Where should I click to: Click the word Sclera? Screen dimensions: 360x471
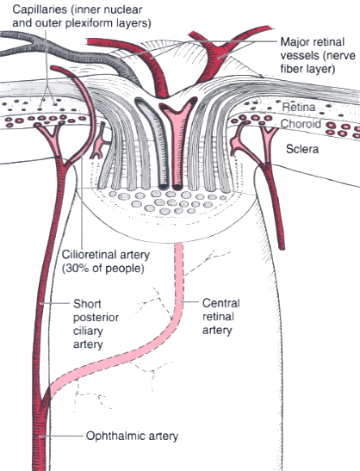(302, 149)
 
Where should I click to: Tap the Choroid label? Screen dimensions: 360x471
(301, 124)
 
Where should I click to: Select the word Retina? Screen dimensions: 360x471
(299, 107)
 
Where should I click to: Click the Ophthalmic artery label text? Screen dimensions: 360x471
(132, 436)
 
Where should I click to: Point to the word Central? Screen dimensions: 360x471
(220, 303)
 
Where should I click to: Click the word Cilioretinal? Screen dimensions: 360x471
(89, 255)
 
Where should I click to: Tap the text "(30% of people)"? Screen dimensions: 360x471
(103, 269)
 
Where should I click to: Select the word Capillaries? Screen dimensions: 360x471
(40, 9)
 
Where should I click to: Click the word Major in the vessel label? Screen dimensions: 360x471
(294, 42)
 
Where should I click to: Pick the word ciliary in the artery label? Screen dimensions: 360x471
(88, 331)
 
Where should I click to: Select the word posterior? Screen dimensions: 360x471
(96, 318)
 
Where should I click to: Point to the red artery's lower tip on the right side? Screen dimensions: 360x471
(282, 247)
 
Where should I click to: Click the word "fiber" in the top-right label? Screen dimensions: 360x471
(293, 69)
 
